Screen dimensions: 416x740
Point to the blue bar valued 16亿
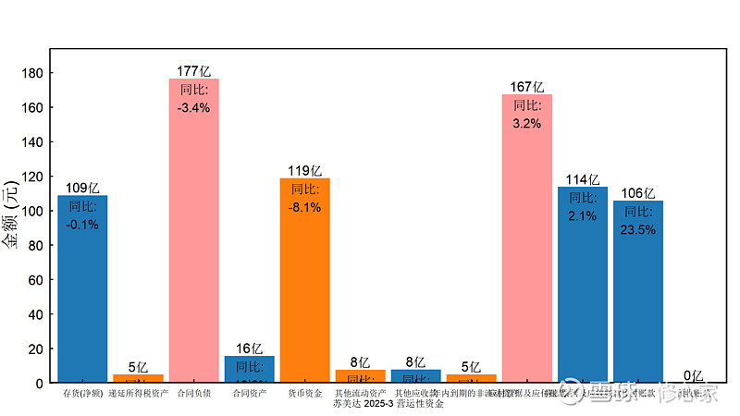click(249, 369)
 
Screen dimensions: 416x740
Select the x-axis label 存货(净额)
click(82, 394)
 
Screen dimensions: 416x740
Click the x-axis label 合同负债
click(193, 394)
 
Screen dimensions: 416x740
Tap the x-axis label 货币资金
click(304, 394)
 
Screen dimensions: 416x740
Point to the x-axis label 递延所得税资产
click(138, 394)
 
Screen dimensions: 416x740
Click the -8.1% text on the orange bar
click(304, 207)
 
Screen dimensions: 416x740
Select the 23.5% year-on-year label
click(637, 230)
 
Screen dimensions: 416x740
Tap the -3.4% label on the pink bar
click(193, 107)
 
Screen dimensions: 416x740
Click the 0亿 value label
click(693, 375)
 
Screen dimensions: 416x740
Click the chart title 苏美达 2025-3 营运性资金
click(388, 404)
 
